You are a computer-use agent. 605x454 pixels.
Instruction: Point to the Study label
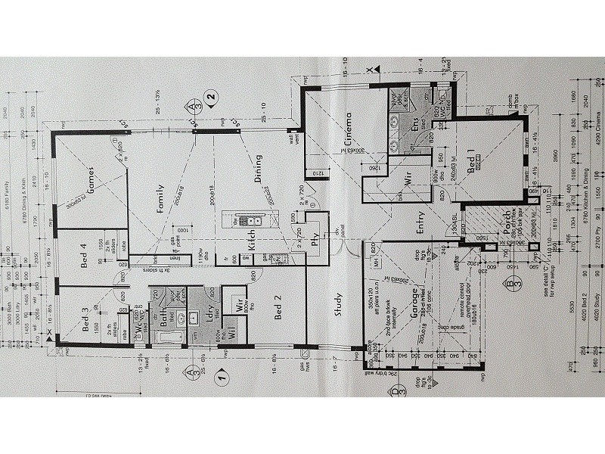338,306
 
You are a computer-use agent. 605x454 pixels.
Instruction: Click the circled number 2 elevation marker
213,96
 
